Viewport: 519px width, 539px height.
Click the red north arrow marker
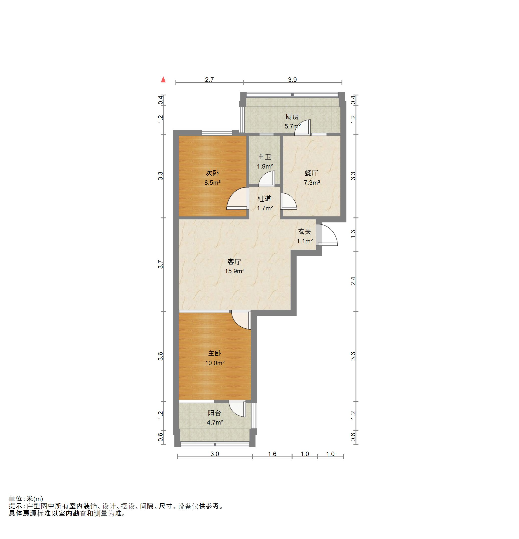pyautogui.click(x=163, y=79)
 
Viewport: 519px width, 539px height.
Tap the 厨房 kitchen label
pyautogui.click(x=292, y=117)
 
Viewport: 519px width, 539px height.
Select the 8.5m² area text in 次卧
pyautogui.click(x=213, y=182)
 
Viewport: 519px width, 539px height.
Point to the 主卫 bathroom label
pyautogui.click(x=264, y=157)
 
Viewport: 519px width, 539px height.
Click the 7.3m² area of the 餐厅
pyautogui.click(x=312, y=182)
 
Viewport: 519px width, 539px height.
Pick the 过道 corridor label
pyautogui.click(x=264, y=199)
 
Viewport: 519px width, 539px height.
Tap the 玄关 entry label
pyautogui.click(x=305, y=232)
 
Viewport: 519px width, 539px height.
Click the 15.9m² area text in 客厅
pyautogui.click(x=235, y=271)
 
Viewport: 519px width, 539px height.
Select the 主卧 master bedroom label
pyautogui.click(x=214, y=353)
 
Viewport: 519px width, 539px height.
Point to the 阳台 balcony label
pyautogui.click(x=214, y=413)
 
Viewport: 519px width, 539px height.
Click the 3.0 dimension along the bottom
pyautogui.click(x=215, y=454)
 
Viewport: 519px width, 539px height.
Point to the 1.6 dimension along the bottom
pyautogui.click(x=272, y=454)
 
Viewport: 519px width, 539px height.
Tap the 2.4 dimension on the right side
pyautogui.click(x=353, y=281)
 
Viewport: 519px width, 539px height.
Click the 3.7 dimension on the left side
pyautogui.click(x=161, y=264)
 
